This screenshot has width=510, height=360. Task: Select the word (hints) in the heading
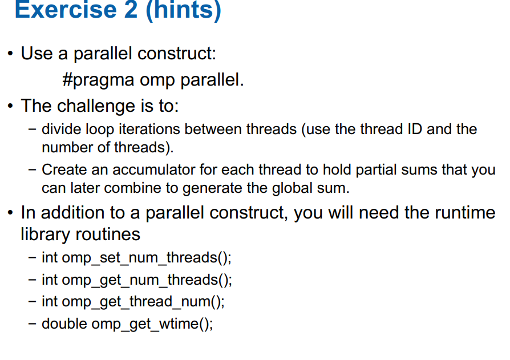coord(184,10)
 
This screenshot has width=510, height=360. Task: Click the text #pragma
coord(98,80)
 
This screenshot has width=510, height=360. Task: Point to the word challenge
coord(96,106)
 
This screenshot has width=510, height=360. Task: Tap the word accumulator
coord(153,170)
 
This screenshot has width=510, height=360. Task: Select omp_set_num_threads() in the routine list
coord(147,258)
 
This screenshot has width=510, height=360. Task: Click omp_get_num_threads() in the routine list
coord(147,280)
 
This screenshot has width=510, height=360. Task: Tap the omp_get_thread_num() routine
coord(143,302)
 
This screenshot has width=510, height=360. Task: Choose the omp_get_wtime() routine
coord(152,324)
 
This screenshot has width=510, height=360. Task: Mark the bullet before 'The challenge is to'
coord(10,106)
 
